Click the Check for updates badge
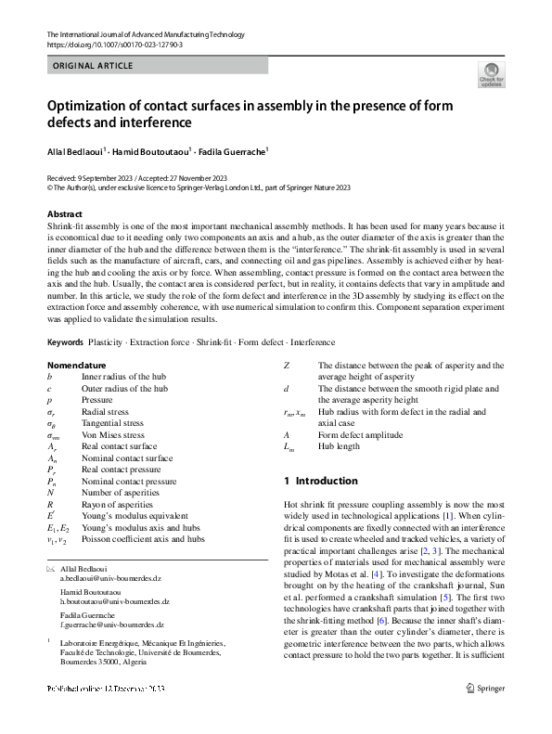tap(491, 74)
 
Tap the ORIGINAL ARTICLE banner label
tap(94, 66)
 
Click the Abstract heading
tap(65, 214)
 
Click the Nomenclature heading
tap(76, 366)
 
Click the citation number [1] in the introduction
tap(448, 515)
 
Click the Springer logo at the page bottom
tap(485, 714)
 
